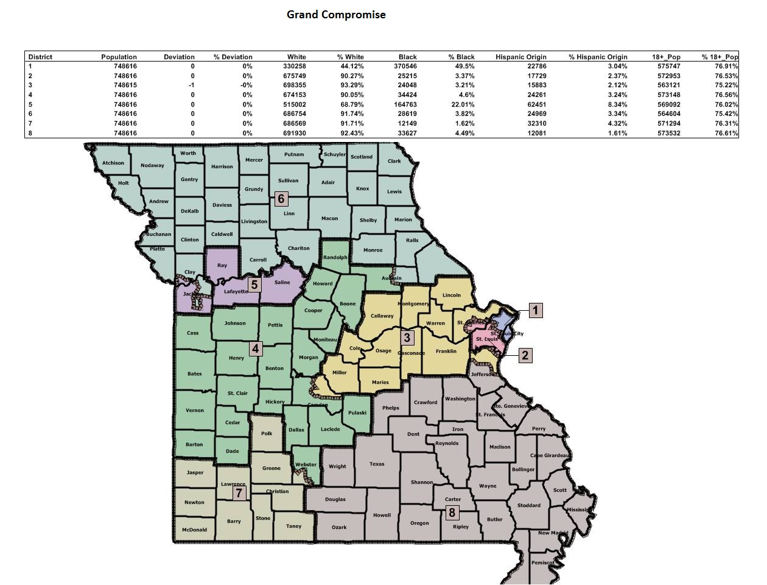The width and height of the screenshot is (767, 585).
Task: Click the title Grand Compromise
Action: (x=336, y=15)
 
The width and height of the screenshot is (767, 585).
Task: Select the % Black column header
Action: (x=461, y=57)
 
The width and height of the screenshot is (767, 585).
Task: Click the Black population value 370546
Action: (x=404, y=66)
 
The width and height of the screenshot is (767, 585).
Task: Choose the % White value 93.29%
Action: (x=351, y=85)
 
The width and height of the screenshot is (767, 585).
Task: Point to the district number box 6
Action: (x=281, y=199)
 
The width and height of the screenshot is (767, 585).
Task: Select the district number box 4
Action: (x=256, y=349)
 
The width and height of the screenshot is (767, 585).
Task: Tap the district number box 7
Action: (x=239, y=492)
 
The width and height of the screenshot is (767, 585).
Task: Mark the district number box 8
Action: (x=452, y=512)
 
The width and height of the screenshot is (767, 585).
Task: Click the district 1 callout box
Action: (x=535, y=311)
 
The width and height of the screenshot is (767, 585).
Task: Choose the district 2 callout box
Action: (x=525, y=355)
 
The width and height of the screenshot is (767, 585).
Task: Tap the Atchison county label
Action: (x=113, y=163)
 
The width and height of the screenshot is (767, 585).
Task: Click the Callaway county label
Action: (x=382, y=316)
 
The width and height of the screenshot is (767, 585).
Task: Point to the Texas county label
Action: (x=377, y=464)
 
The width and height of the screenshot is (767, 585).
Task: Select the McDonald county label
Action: (x=195, y=530)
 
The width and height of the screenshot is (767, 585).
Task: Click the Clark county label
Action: (x=394, y=161)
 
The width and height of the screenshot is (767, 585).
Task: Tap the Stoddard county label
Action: (x=528, y=505)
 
